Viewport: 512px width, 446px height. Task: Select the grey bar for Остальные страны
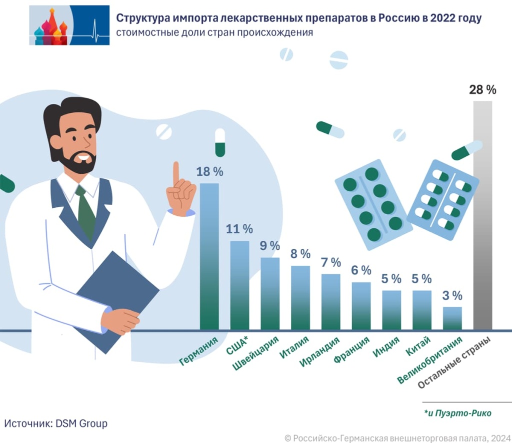482,215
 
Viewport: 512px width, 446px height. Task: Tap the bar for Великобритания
452,318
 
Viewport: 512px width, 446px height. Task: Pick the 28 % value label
482,90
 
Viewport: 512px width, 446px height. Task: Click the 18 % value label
209,172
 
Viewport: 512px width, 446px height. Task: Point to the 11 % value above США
239,229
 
